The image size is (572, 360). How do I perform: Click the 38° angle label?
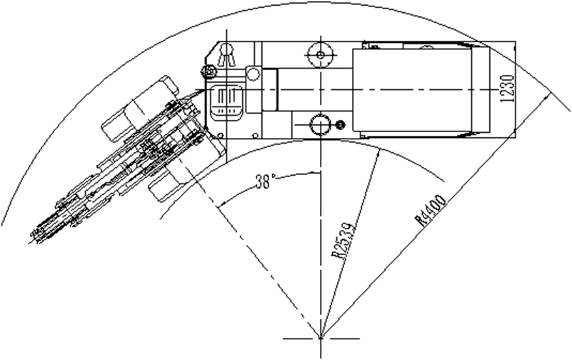coord(265,182)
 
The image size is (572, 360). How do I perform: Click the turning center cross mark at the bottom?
coord(321,336)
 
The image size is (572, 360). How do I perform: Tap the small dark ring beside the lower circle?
coord(339,126)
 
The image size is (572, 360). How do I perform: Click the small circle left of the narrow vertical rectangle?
coord(252,74)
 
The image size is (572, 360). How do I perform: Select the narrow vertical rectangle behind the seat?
coord(269,89)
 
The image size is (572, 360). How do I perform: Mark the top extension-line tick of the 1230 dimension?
coord(515,41)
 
